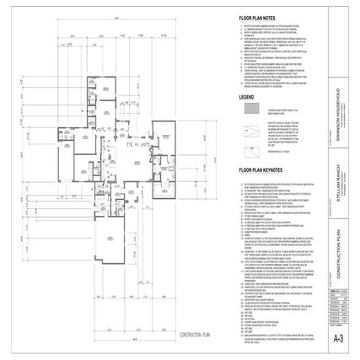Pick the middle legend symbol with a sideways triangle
[x=250, y=132]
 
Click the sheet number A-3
[x=338, y=339]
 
